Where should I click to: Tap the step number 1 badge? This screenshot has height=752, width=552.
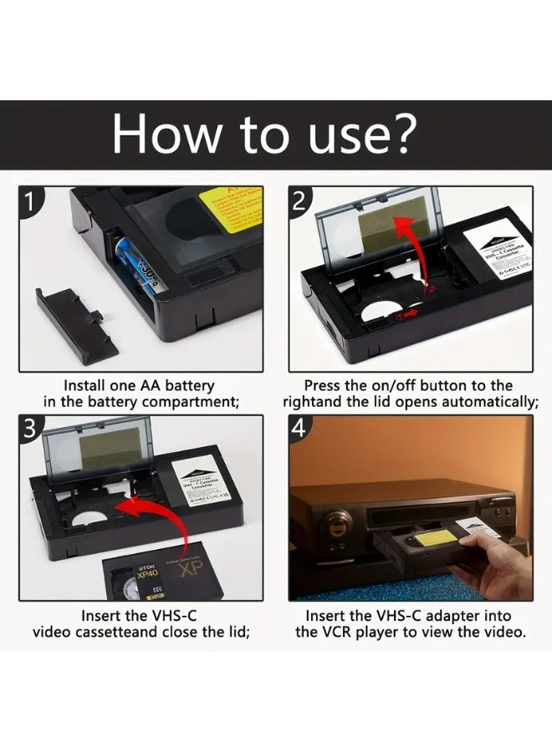[x=29, y=201]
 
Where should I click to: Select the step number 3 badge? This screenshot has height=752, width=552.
[x=29, y=429]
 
